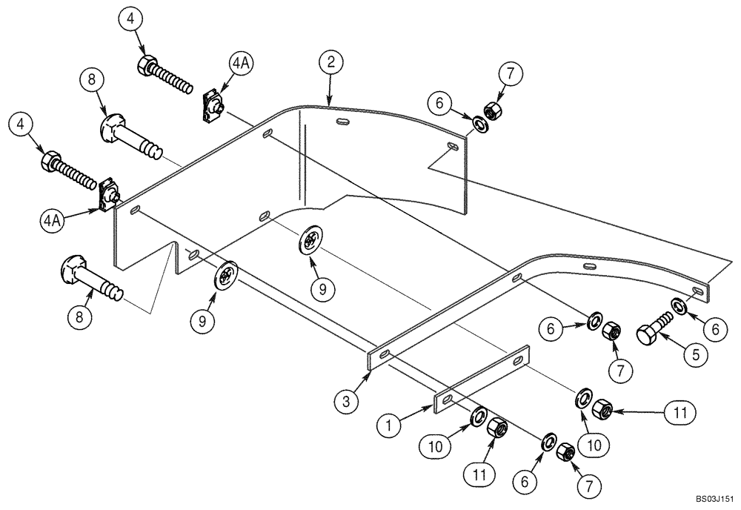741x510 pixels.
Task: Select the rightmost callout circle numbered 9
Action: click(x=322, y=291)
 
